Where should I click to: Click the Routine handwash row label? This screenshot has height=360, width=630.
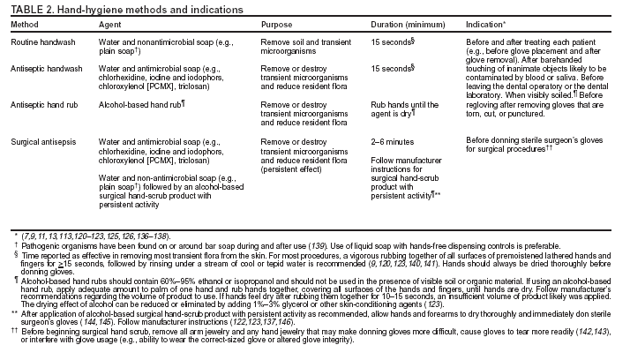pyautogui.click(x=41, y=41)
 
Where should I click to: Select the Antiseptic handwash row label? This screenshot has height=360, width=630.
pyautogui.click(x=47, y=67)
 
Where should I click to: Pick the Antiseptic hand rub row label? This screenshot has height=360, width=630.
pyautogui.click(x=45, y=104)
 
